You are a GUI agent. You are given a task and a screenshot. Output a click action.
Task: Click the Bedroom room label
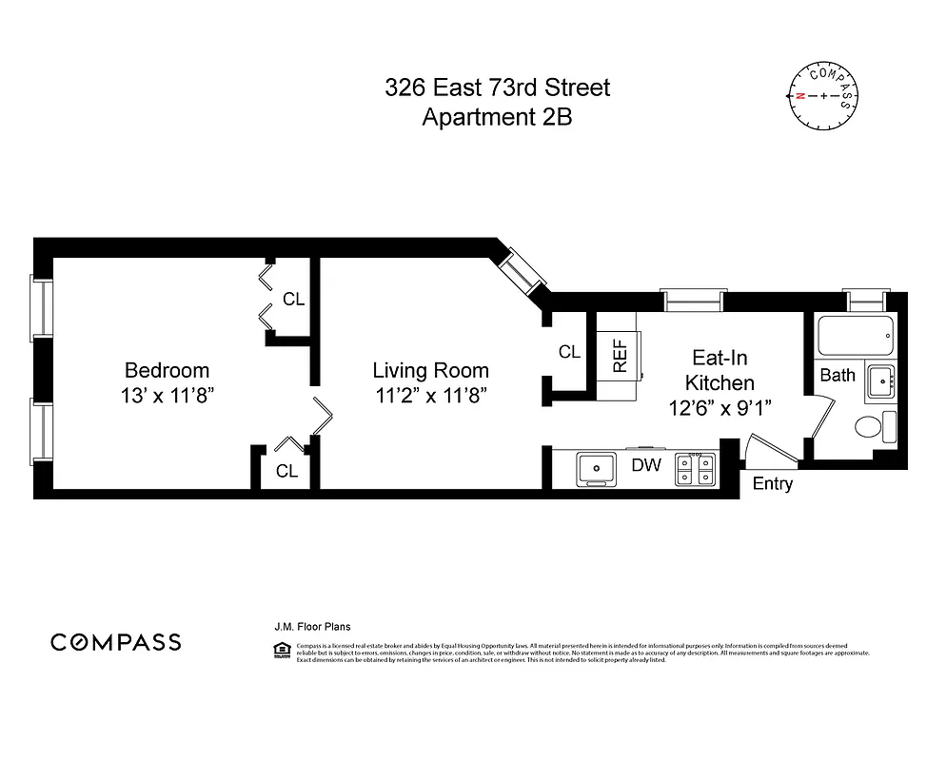[x=167, y=370]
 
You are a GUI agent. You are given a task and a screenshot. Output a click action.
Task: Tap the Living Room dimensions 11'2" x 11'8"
[x=430, y=396]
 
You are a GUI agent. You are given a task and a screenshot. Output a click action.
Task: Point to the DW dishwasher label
[x=647, y=465]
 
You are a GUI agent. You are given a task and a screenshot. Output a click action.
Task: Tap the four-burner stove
[x=696, y=468]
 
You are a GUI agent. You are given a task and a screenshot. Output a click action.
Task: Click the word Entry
[x=772, y=484]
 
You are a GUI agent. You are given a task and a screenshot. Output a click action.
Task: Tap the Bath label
[x=838, y=375]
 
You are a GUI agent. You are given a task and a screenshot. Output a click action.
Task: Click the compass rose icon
[x=821, y=95]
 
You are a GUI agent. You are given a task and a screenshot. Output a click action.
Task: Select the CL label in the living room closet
[x=569, y=352]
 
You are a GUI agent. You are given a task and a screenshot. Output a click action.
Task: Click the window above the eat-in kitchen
[x=694, y=302]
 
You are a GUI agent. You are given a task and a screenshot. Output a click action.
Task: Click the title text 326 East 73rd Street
[x=497, y=88]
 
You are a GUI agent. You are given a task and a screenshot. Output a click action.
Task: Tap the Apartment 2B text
[x=497, y=118]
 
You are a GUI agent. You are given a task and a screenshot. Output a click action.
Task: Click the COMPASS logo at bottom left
[x=115, y=642]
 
